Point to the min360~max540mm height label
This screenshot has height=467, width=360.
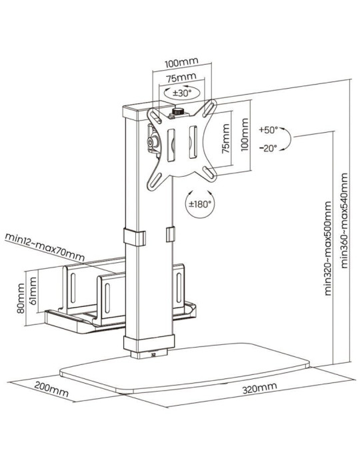tap(344, 221)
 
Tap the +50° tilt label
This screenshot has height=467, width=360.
tap(269, 129)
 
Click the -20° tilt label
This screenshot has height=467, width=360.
tap(269, 149)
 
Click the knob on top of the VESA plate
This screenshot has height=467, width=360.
tap(178, 113)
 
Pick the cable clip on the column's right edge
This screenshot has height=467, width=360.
tap(169, 236)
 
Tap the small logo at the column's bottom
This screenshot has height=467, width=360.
tap(155, 356)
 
